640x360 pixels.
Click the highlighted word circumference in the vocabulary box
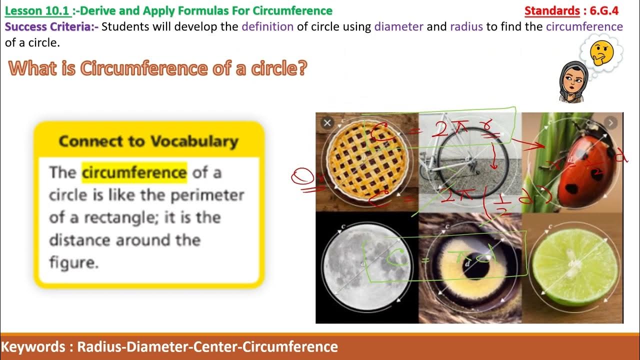click(134, 172)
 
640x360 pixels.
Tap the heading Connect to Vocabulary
click(148, 141)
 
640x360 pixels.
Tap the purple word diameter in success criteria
click(398, 26)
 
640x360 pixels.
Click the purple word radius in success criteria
click(466, 26)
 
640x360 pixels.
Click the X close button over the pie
click(327, 122)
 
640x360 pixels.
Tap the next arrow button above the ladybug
click(610, 122)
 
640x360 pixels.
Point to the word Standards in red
click(552, 10)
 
